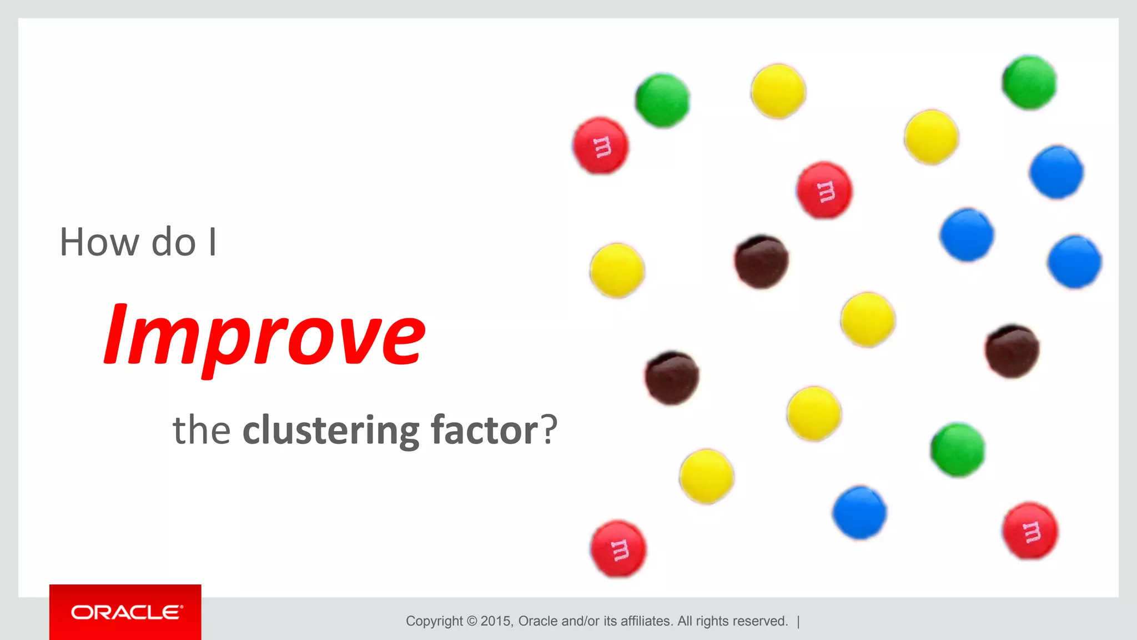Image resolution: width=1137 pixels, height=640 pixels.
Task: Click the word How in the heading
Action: (99, 243)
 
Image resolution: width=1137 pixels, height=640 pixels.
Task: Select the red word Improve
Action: (265, 336)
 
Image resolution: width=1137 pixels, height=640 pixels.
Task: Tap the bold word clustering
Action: (331, 430)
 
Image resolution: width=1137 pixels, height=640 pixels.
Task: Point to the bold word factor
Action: (484, 430)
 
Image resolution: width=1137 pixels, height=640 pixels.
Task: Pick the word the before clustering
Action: (202, 430)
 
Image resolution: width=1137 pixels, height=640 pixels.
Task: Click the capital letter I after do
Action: (213, 243)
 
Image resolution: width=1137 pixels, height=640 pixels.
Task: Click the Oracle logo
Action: (125, 612)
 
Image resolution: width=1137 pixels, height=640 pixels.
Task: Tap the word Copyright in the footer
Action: (434, 621)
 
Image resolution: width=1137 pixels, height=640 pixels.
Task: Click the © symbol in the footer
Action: (472, 621)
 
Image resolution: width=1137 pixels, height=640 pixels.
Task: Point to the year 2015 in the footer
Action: (496, 621)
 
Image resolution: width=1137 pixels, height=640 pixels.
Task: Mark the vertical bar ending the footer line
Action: (798, 621)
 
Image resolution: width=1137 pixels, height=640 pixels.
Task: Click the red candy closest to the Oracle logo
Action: (618, 549)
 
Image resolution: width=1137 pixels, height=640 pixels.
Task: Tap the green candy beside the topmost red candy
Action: (662, 101)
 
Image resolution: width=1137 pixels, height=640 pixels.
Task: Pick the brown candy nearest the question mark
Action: (672, 378)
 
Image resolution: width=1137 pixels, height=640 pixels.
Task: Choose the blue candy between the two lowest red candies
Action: (859, 512)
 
